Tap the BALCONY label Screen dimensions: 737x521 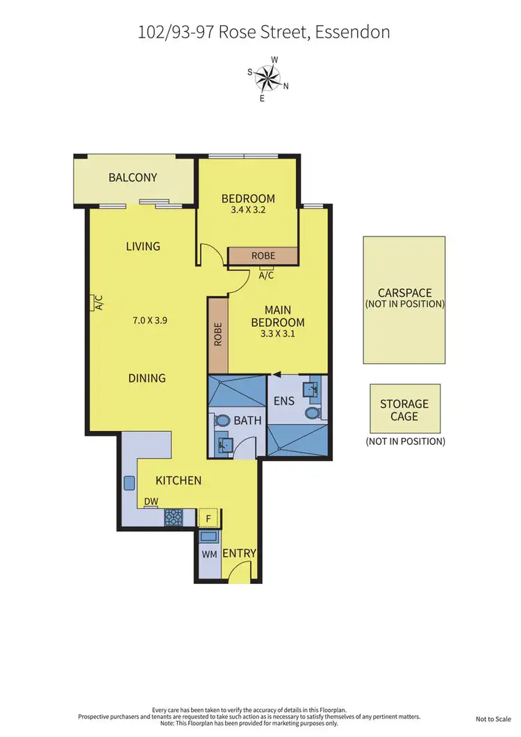133,177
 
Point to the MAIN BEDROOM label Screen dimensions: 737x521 278,316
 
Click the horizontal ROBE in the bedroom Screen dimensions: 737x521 263,256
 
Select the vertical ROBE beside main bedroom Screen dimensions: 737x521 218,335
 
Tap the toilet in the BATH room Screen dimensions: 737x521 223,421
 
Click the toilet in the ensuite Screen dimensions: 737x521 312,413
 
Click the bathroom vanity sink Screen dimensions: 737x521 224,443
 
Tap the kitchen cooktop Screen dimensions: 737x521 173,518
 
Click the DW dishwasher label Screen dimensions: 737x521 150,501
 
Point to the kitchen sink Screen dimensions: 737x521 130,483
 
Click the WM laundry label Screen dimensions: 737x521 209,555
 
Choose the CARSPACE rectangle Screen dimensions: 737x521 404,300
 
